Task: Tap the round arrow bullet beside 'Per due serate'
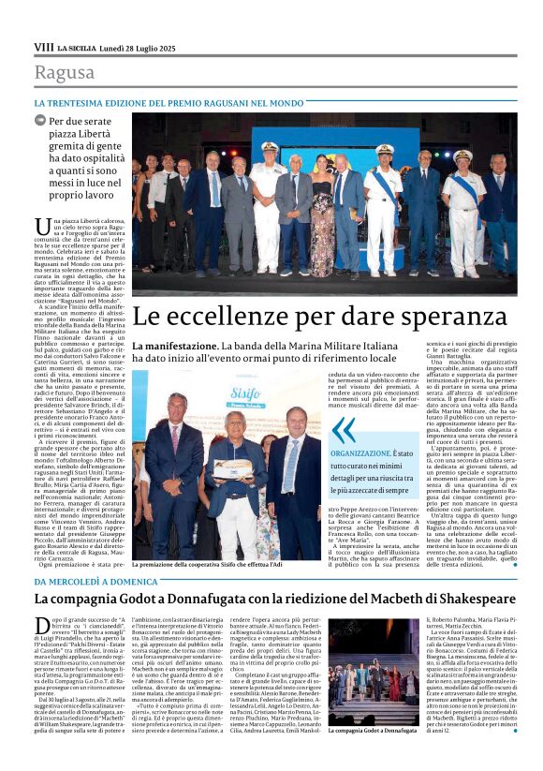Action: coord(40,121)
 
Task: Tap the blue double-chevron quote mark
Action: coord(345,430)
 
